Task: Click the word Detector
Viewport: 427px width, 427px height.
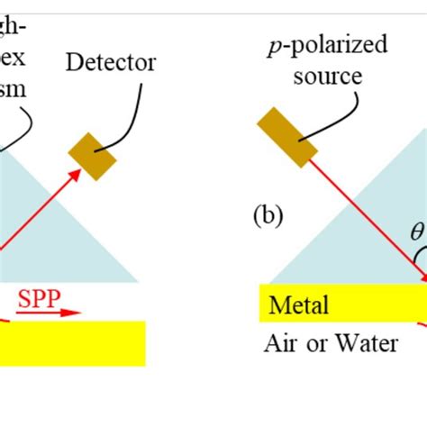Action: click(111, 62)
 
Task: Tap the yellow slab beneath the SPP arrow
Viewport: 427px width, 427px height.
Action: click(72, 343)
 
